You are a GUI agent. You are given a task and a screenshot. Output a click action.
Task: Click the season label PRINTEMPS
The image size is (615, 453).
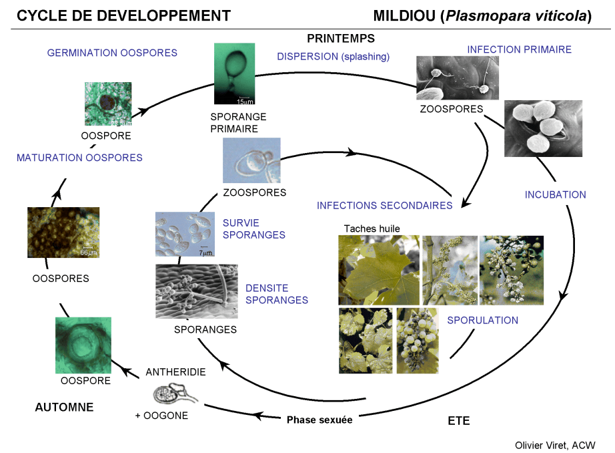pos(340,39)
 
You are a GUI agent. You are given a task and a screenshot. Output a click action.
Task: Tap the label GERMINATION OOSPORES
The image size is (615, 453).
pos(112,53)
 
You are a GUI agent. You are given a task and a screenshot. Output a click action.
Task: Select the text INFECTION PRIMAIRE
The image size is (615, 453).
pos(520,49)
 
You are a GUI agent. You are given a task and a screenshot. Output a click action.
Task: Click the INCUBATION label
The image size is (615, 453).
pos(555,195)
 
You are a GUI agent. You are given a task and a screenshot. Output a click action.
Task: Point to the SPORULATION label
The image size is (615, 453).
pos(482,320)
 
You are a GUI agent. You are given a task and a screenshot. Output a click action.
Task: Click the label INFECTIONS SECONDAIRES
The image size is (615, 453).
pos(385,206)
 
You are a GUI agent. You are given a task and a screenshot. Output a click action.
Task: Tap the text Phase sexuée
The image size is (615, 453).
pos(320,420)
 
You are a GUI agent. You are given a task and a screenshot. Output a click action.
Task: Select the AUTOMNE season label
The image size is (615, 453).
pos(64,407)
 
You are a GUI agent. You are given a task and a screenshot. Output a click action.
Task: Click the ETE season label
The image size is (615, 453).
pos(458,421)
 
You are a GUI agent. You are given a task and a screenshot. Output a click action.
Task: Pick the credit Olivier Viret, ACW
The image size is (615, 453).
pos(555,445)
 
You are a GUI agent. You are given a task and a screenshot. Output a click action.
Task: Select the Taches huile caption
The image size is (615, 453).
pos(372,229)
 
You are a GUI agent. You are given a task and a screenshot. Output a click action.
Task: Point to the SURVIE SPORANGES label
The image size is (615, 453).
pos(253,229)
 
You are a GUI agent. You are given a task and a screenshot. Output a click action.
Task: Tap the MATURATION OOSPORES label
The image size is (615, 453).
pos(79,158)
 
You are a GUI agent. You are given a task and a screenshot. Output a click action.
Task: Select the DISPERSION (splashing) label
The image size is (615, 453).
pos(333,57)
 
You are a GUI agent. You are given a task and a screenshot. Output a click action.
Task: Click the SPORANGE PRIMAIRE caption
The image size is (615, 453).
pos(233,122)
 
